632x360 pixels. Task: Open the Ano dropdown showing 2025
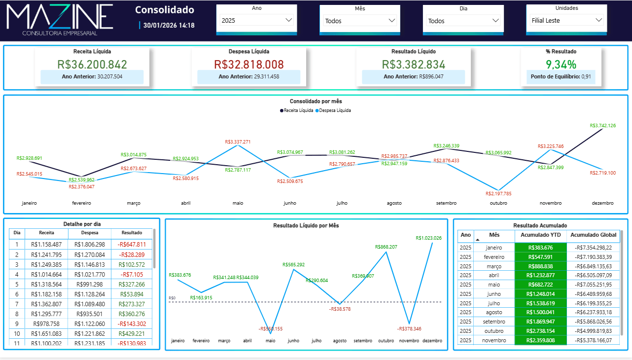click(256, 20)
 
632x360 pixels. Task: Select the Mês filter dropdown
click(360, 20)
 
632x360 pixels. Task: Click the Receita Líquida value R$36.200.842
click(92, 64)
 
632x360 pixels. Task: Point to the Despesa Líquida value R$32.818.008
click(249, 64)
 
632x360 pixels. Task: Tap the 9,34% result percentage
click(561, 64)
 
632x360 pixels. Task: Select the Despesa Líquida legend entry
click(333, 110)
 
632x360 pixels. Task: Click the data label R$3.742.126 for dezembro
click(602, 126)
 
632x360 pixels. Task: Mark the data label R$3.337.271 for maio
click(238, 142)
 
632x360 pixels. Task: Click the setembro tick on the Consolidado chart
click(446, 203)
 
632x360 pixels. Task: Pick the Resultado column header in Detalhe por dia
click(132, 233)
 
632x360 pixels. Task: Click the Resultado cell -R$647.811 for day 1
click(132, 244)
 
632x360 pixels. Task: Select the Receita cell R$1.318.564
click(46, 284)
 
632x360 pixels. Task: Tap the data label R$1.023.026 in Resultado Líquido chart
click(428, 238)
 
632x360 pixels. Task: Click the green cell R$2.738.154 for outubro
click(540, 331)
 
